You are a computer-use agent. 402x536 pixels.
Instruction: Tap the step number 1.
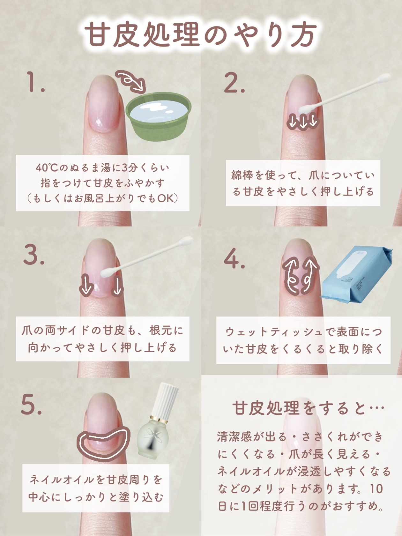click(36, 83)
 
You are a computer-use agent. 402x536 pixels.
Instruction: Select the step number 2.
click(234, 83)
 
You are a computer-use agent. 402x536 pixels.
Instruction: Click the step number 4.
click(234, 258)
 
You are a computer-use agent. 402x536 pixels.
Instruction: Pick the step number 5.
click(31, 405)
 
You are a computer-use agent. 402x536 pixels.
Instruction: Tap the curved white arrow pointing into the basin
click(130, 81)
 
